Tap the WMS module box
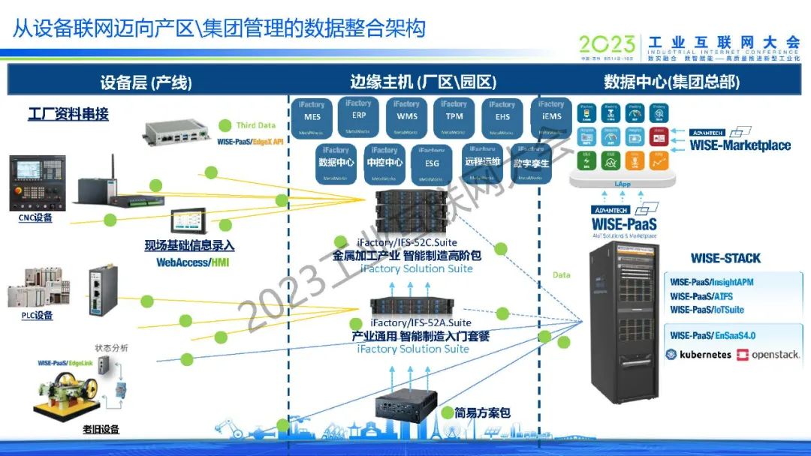click(406, 118)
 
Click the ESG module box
click(432, 164)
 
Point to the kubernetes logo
click(698, 354)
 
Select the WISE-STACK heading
click(725, 258)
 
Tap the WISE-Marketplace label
click(740, 145)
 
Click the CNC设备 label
click(36, 217)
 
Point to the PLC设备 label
click(37, 316)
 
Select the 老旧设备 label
click(101, 430)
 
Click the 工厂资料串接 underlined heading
click(68, 114)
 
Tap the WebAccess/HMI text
click(192, 262)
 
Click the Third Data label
click(255, 125)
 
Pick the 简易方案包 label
click(482, 412)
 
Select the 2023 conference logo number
click(606, 44)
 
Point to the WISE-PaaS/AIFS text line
click(701, 296)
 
